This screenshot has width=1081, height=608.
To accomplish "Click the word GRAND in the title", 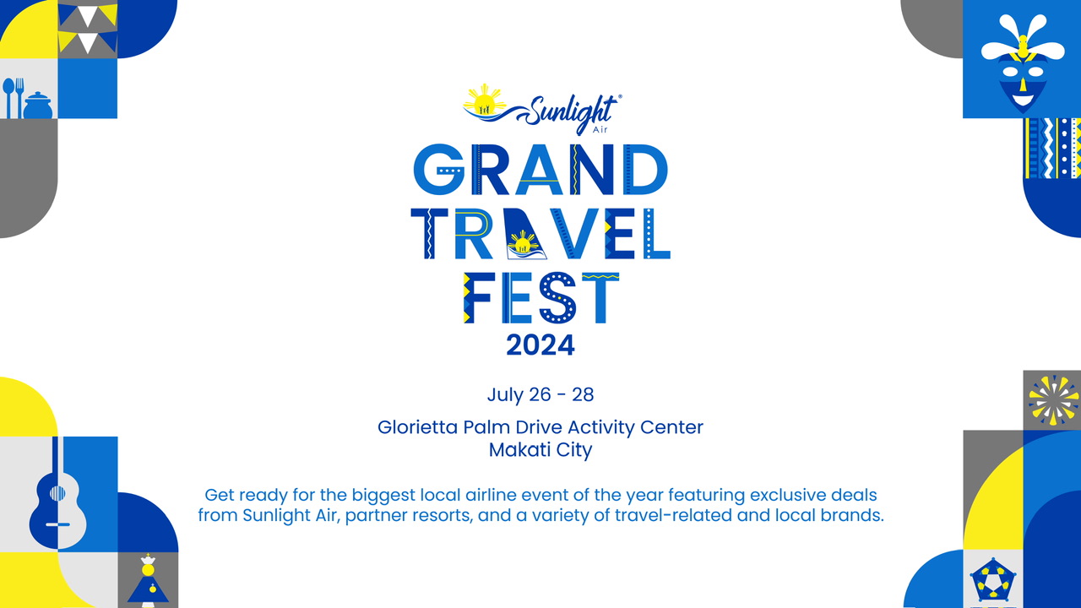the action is click(540, 170).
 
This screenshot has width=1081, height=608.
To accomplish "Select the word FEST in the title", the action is click(541, 298).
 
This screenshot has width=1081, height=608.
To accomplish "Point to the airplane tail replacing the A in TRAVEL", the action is click(526, 235).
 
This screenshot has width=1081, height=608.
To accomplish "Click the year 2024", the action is click(540, 345).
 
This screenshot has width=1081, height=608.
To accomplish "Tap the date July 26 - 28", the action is click(540, 394).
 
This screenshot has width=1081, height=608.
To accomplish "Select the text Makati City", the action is click(540, 450).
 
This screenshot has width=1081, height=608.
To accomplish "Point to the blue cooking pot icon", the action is click(38, 106).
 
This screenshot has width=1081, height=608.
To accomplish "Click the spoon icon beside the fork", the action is click(8, 98).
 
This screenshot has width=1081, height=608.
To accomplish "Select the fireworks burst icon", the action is click(1053, 400).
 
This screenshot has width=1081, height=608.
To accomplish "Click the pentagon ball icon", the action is click(993, 581).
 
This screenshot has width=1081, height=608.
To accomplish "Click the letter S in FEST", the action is click(557, 298).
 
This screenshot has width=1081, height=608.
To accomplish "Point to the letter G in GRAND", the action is click(438, 170).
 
